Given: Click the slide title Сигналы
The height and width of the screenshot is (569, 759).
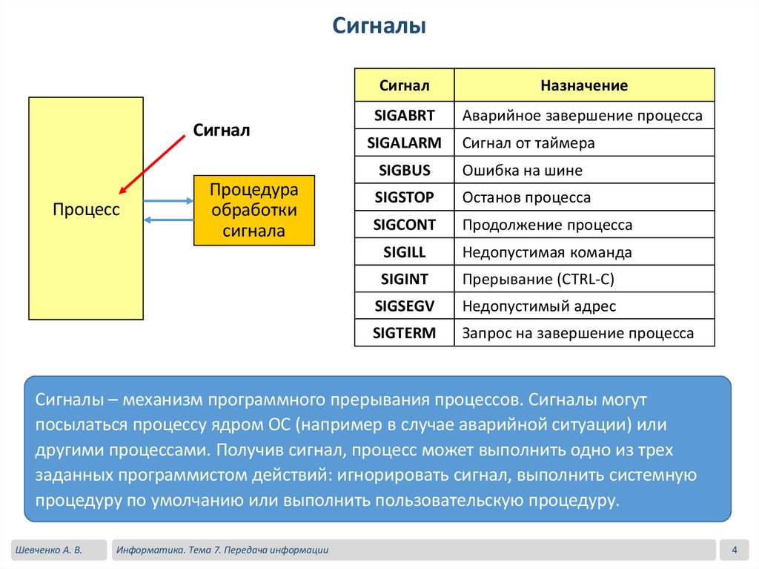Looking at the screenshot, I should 378,27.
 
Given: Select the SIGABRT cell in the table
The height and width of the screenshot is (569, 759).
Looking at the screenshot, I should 405,116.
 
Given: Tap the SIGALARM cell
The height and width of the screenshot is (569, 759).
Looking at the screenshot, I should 405,143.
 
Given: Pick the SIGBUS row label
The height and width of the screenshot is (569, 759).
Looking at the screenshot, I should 405,171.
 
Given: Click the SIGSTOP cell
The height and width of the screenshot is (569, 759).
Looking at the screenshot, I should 405,198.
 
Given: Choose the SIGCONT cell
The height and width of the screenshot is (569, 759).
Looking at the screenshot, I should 405,225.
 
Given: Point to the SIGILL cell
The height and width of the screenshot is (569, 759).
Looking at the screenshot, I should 405,252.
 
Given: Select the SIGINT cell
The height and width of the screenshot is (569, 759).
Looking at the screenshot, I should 405,280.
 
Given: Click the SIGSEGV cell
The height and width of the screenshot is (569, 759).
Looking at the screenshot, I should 405,306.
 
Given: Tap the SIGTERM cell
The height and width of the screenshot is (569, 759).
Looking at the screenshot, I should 405,333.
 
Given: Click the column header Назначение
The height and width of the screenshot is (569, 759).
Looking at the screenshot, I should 584,85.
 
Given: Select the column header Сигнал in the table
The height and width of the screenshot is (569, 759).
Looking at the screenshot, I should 405,85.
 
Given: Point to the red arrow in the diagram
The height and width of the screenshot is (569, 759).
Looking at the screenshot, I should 152,162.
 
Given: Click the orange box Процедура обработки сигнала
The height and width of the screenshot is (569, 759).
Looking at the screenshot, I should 254,211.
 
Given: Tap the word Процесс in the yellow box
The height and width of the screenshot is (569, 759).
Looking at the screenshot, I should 86,210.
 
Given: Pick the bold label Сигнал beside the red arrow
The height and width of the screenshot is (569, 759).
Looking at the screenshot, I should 222,131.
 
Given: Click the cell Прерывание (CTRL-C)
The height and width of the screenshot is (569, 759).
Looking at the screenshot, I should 538,280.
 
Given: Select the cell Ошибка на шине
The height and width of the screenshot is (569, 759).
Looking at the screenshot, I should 522,171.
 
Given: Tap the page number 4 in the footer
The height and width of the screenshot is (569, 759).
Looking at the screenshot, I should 734,550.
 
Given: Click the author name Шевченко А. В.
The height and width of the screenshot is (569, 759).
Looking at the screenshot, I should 47,550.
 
